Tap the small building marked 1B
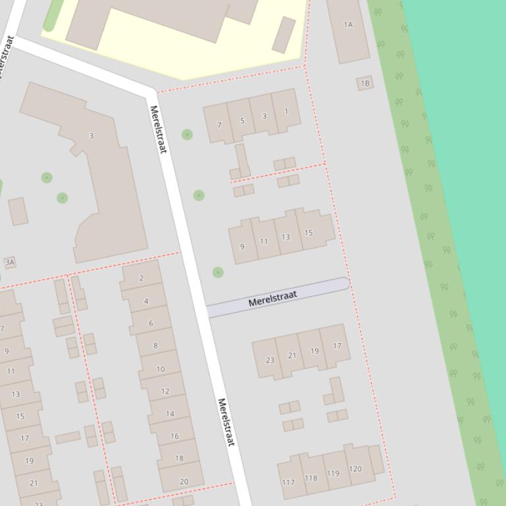point(365,83)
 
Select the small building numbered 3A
point(10,262)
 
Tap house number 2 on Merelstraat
point(141,277)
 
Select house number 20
point(183,480)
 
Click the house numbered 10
point(160,369)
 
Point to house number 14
point(170,413)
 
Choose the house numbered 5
point(242,120)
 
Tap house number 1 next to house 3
point(286,111)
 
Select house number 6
point(150,323)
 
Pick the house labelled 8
point(155,345)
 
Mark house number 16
point(174,436)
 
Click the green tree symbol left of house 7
point(187,135)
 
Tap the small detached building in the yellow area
point(284,35)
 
